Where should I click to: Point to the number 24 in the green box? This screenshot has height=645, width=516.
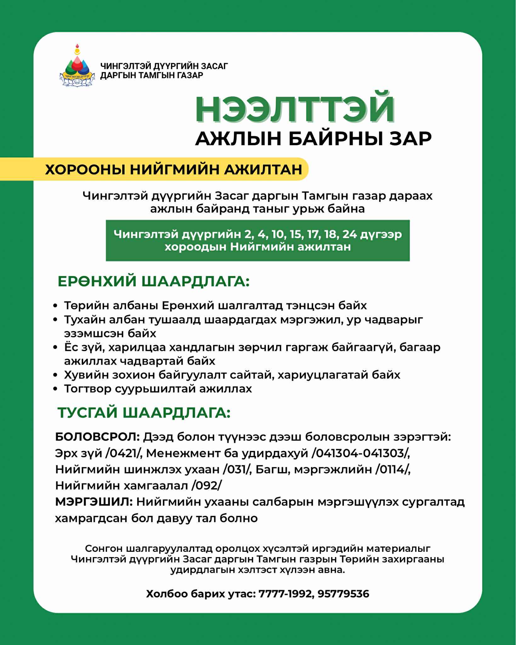click(x=350, y=234)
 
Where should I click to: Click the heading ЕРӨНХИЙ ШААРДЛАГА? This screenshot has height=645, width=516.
click(x=153, y=281)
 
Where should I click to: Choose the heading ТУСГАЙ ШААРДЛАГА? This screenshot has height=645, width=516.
click(x=144, y=413)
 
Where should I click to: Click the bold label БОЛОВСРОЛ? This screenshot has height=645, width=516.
click(x=97, y=437)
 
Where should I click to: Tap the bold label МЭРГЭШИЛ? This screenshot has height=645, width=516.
click(x=94, y=502)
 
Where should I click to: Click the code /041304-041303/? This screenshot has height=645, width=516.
click(x=360, y=454)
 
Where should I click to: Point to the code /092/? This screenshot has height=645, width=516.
click(x=206, y=486)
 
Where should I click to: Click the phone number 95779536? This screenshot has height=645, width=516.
click(x=343, y=594)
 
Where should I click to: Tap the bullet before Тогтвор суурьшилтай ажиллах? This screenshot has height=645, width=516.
click(x=55, y=389)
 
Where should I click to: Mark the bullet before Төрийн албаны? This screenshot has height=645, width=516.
click(x=55, y=306)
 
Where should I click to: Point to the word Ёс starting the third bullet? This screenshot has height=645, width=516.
click(x=71, y=347)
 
